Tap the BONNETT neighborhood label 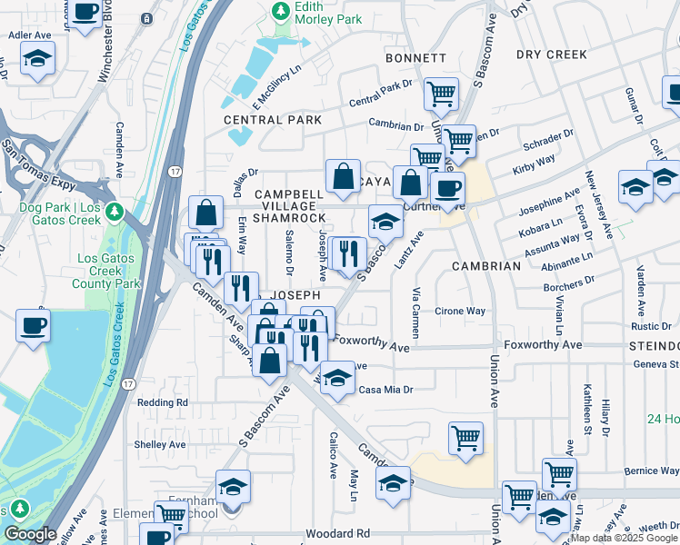(415, 58)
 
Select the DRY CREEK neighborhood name (552, 54)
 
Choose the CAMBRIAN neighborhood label (486, 266)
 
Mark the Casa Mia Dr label (386, 390)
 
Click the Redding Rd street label (162, 401)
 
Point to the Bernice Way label (651, 471)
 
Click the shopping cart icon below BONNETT (441, 92)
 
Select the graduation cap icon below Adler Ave (36, 60)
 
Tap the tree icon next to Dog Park (114, 213)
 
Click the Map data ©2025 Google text (623, 538)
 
